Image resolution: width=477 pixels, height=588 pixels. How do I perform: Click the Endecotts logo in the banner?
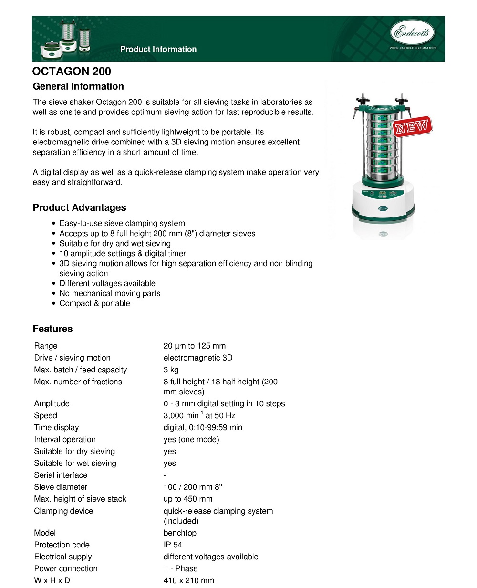413,33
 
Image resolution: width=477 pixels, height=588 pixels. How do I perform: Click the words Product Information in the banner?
158,49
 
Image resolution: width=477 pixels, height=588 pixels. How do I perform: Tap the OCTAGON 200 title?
72,72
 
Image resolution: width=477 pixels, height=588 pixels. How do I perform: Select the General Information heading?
78,86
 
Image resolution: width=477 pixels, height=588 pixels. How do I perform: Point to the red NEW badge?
412,126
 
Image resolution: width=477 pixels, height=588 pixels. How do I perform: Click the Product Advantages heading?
80,207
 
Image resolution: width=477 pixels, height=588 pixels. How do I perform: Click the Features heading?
53,329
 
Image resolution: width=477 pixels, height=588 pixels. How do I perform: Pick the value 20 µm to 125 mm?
195,346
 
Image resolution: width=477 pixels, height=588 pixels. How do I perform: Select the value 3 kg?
171,370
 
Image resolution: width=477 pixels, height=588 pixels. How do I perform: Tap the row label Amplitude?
52,403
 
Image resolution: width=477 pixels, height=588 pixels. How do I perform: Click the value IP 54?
173,545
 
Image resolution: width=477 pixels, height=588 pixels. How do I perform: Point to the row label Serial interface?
61,475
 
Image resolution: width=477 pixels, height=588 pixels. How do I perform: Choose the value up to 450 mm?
188,499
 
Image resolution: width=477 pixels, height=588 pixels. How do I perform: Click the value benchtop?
180,533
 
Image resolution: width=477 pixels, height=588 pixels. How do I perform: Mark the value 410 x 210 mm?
189,580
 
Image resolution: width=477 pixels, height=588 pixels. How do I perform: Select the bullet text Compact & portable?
94,303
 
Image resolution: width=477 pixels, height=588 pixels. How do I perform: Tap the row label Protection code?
62,545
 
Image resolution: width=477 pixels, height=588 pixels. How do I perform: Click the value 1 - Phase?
180,568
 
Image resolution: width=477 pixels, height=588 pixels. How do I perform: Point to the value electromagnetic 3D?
198,358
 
